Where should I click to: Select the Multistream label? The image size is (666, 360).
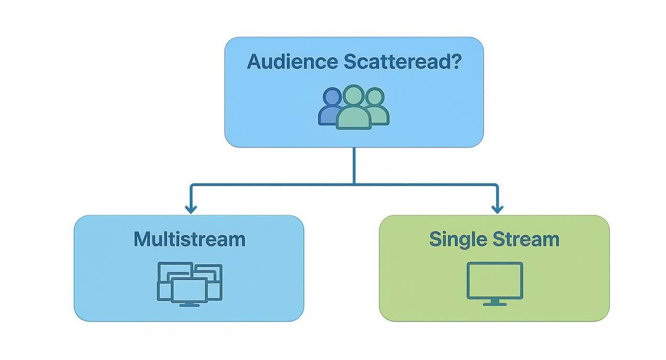(x=189, y=239)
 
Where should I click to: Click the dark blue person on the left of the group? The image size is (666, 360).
(x=330, y=108)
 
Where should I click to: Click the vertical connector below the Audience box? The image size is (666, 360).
(x=354, y=165)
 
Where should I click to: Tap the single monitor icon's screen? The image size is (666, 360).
(x=495, y=280)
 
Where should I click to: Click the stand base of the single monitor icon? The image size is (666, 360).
(x=495, y=304)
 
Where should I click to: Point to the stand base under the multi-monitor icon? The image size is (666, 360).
(x=189, y=304)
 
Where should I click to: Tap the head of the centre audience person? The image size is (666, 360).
(x=354, y=95)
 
